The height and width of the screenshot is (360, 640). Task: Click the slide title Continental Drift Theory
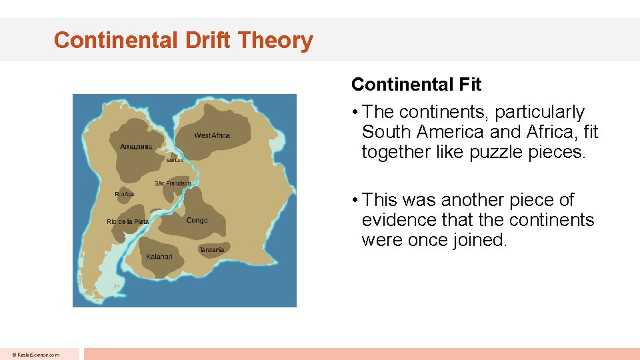point(183,40)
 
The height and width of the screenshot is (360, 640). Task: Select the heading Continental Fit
point(416,85)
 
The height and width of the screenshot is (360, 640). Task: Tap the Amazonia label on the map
point(136,147)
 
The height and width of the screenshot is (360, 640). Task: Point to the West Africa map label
point(212,136)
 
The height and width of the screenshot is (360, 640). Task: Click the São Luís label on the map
point(175,161)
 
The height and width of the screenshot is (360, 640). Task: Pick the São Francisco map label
point(173,183)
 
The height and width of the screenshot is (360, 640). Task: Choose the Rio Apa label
point(125,194)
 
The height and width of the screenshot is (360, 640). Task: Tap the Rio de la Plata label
point(127,221)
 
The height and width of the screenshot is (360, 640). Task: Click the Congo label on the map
point(197,220)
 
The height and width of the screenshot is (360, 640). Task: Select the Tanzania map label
point(212,249)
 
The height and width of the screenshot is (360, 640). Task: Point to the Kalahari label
point(159,257)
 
